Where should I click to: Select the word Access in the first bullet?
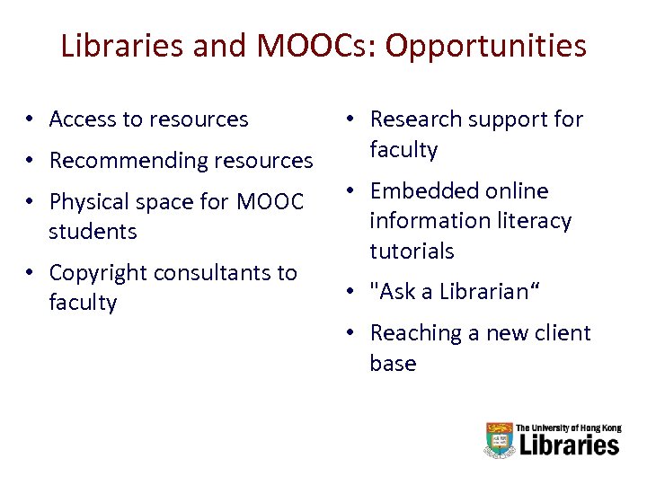(82, 119)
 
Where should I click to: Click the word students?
(93, 232)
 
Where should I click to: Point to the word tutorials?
(412, 251)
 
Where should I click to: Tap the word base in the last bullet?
(393, 364)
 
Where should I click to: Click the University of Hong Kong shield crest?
(499, 440)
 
